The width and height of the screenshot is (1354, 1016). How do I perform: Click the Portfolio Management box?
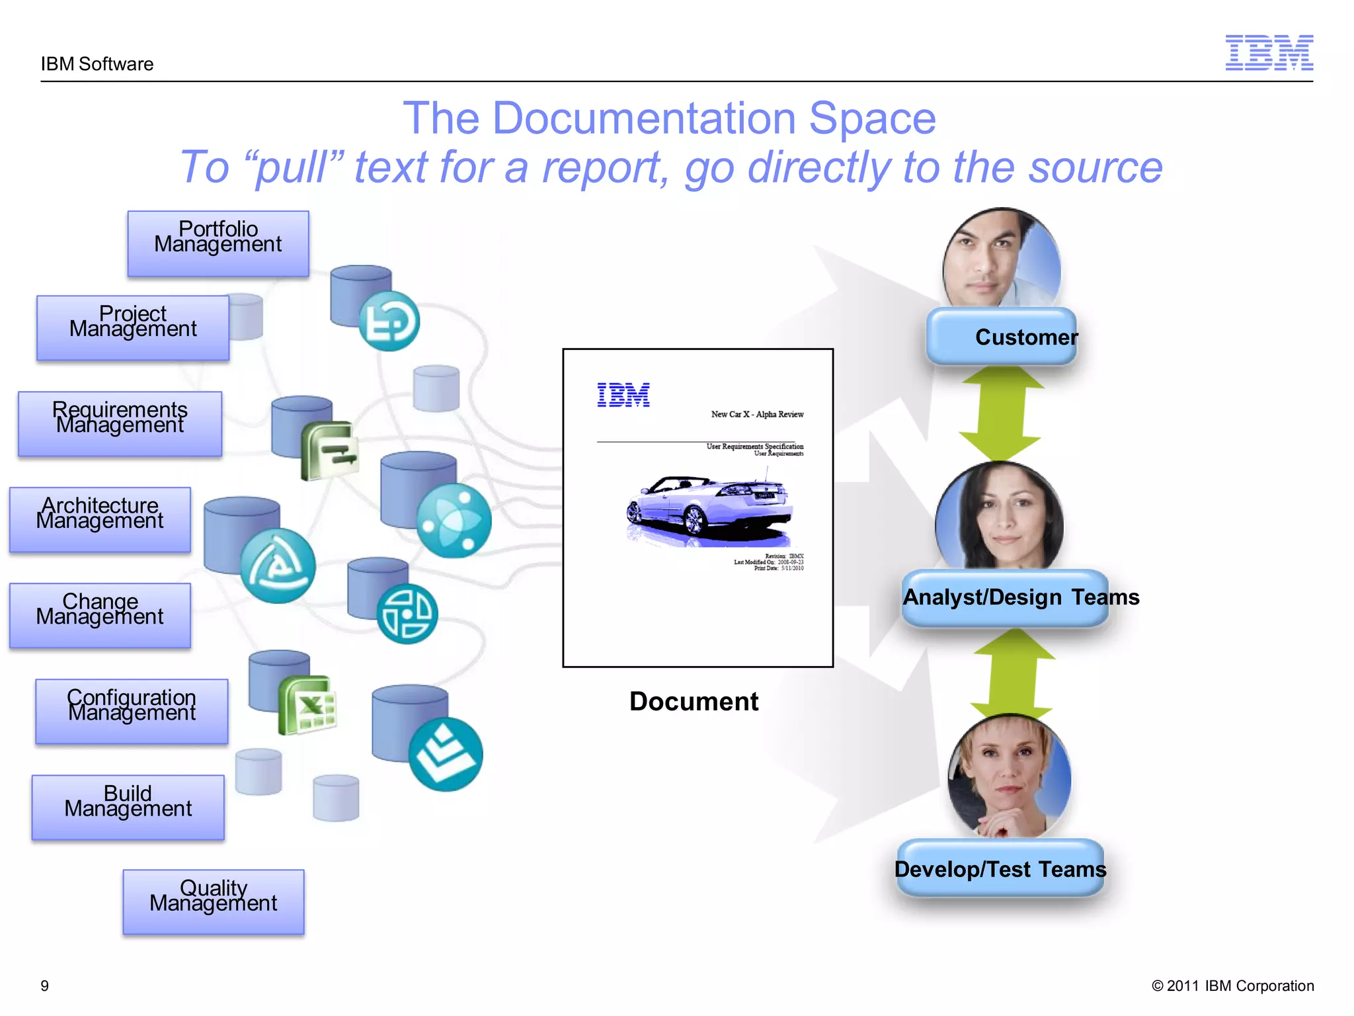point(218,243)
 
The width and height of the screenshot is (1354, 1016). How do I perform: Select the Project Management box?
point(132,328)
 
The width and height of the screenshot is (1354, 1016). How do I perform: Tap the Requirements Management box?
point(120,424)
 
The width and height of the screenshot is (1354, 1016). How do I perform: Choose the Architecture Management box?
point(100,520)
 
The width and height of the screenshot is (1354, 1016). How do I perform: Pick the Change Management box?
point(100,616)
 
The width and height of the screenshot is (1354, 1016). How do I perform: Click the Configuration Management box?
point(132,712)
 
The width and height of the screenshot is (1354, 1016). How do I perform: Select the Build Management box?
point(128,808)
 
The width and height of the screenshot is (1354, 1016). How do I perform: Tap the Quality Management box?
point(213,902)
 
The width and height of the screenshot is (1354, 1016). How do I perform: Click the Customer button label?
point(1025,337)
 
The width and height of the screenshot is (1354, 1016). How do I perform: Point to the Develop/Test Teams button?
point(1000,869)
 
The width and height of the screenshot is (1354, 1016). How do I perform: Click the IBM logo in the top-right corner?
point(1269,53)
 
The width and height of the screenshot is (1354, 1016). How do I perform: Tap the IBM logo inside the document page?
point(623,395)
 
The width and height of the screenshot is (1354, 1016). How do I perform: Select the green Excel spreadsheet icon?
point(308,705)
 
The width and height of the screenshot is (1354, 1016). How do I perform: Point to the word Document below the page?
point(694,702)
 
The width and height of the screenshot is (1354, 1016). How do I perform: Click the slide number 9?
point(45,986)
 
